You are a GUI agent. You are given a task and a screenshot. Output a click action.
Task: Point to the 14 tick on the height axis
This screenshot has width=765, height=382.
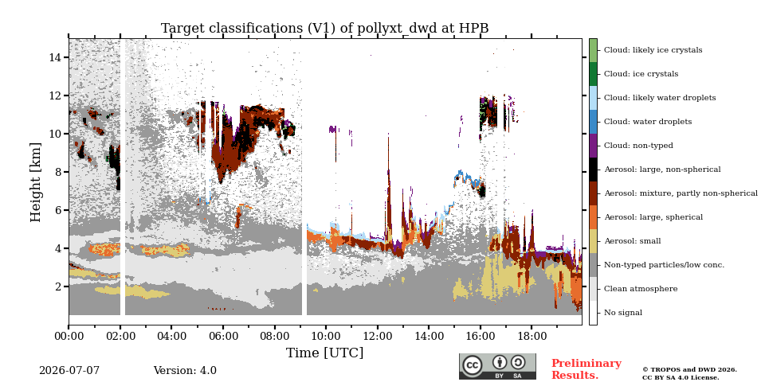(x=54, y=57)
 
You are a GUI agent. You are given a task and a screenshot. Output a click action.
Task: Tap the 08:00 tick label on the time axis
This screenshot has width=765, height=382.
(x=275, y=336)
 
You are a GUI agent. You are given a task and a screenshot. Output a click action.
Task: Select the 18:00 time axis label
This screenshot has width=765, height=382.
(x=532, y=336)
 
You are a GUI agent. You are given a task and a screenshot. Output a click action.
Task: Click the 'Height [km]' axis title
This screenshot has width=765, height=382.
(x=36, y=182)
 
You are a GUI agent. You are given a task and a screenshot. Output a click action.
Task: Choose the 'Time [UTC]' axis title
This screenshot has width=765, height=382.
(x=324, y=353)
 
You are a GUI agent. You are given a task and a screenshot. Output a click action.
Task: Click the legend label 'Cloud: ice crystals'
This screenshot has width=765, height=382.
(x=641, y=74)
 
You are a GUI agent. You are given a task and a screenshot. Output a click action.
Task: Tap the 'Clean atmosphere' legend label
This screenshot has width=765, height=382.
(x=641, y=289)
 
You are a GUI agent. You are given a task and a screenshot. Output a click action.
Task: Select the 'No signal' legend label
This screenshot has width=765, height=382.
(x=623, y=313)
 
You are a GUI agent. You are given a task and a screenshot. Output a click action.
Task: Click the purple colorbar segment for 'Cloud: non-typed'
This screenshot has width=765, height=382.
(x=593, y=146)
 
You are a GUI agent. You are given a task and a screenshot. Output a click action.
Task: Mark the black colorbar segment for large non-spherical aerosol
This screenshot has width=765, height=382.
(x=593, y=170)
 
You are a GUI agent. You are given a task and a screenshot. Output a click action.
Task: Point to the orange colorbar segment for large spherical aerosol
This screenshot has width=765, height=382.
(x=593, y=217)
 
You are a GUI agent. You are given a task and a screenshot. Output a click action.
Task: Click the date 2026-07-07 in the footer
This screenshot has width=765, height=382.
(x=69, y=371)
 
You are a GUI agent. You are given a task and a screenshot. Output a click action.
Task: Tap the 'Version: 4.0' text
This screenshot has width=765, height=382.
(x=185, y=371)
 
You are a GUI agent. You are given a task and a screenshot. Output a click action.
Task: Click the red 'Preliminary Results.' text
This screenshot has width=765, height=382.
(x=586, y=369)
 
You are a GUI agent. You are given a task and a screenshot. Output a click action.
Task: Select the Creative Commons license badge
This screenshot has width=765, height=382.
(x=497, y=366)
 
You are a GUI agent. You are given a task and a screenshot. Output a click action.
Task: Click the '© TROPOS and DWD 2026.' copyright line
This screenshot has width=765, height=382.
(x=689, y=370)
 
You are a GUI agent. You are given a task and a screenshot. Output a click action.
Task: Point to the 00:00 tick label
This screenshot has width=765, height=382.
(x=69, y=336)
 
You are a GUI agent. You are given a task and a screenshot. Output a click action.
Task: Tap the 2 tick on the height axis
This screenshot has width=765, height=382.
(x=57, y=286)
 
